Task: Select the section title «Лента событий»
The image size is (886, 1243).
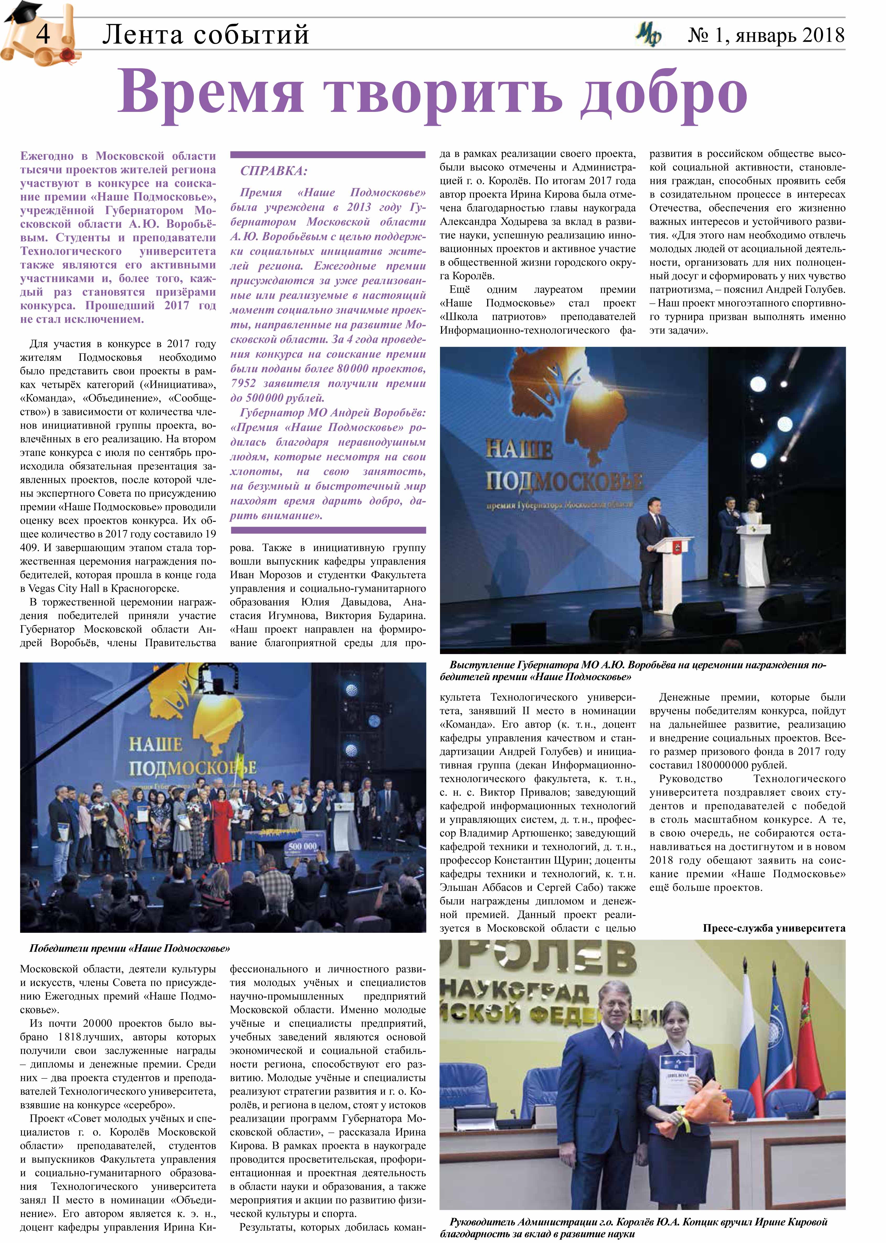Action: click(206, 35)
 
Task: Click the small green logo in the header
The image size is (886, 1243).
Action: click(648, 35)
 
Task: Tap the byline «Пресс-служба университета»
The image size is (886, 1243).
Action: click(774, 928)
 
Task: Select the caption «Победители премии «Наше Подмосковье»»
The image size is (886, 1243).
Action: click(130, 948)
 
